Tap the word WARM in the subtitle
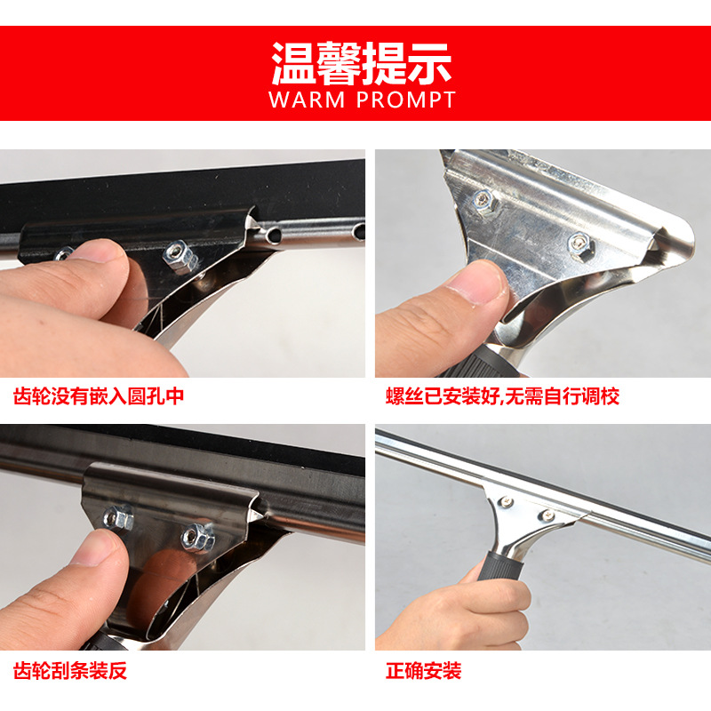click(308, 100)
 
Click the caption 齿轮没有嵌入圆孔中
click(99, 396)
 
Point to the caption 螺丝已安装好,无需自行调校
click(502, 396)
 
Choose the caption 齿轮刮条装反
click(70, 670)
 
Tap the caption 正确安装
click(424, 670)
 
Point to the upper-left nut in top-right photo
click(485, 204)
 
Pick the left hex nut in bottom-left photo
click(119, 517)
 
